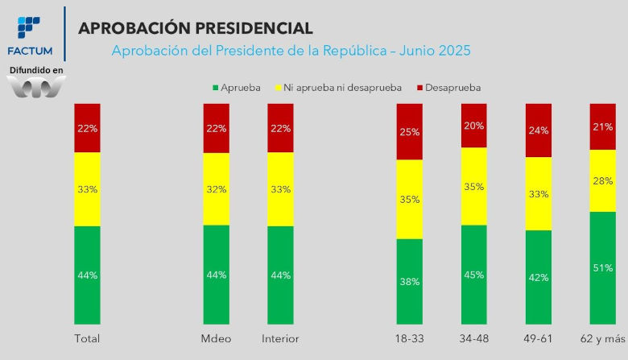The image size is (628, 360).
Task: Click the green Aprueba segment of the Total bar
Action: [x=87, y=275]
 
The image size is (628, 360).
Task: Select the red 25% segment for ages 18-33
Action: [x=409, y=132]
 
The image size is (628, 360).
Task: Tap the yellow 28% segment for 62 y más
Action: [x=603, y=181]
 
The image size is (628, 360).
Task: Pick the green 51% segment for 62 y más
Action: [x=603, y=268]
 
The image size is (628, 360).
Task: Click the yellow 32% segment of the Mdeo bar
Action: [x=217, y=189]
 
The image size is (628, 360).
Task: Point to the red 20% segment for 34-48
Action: [x=473, y=126]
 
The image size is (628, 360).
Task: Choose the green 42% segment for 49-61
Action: [x=539, y=277]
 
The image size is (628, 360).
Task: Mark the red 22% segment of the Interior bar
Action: [x=280, y=128]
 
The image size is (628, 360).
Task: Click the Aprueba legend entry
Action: [x=236, y=88]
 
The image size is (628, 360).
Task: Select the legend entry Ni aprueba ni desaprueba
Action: [x=338, y=88]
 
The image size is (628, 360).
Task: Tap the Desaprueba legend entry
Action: [x=449, y=88]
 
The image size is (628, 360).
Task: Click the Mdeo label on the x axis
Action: [x=217, y=339]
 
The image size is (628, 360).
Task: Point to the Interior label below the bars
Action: [x=280, y=339]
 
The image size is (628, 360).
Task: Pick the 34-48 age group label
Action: [x=473, y=339]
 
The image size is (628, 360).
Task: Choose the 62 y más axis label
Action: [x=603, y=339]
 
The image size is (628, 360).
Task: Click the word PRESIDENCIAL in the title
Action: [x=254, y=28]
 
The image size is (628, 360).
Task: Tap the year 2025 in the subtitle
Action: [x=455, y=51]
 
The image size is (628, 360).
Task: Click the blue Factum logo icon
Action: [x=29, y=27]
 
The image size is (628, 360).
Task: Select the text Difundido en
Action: [x=36, y=70]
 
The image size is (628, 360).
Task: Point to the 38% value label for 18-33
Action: [x=409, y=282]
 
